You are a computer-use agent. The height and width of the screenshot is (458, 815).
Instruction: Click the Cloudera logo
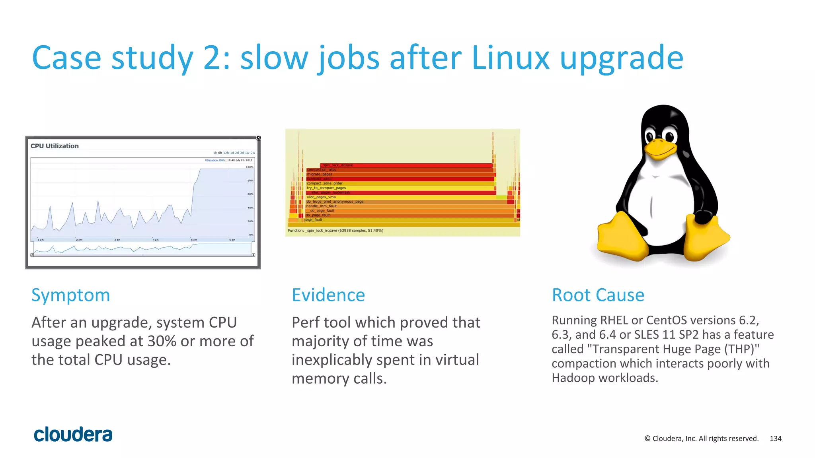(73, 435)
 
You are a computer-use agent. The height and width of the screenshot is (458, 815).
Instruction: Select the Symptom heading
(70, 295)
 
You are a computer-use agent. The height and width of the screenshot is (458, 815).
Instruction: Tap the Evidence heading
(328, 295)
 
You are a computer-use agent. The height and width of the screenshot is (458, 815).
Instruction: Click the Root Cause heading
(598, 295)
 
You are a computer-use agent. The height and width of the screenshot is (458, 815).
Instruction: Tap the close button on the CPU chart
(258, 138)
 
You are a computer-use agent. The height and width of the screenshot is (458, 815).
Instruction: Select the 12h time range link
(226, 153)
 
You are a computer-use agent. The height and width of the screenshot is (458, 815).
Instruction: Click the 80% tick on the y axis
(250, 180)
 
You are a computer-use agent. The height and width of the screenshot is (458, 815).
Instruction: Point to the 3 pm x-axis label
(117, 240)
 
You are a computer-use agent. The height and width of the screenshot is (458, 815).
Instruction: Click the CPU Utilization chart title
(55, 146)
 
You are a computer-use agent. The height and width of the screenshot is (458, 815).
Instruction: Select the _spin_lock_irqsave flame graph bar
(406, 165)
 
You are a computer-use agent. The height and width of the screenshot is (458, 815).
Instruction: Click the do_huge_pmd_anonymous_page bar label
(335, 202)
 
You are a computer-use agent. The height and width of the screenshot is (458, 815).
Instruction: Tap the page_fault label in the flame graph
(313, 220)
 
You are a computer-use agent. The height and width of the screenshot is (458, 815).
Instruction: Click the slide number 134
(775, 439)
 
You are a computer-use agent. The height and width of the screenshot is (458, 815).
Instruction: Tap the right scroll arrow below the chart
(253, 255)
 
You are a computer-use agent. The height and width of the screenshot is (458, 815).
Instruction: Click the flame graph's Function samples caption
(335, 231)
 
